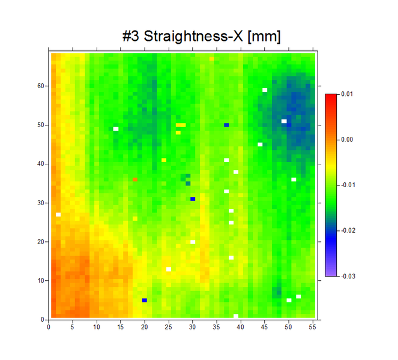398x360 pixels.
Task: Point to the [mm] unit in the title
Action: pos(264,37)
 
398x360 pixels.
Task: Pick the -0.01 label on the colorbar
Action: pos(348,185)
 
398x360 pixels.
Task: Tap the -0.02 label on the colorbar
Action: pos(348,230)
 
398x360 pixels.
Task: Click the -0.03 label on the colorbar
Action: pos(348,276)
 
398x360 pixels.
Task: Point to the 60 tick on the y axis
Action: pos(41,86)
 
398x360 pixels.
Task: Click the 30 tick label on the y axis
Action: pos(41,203)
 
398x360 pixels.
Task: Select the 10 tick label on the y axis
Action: pos(41,280)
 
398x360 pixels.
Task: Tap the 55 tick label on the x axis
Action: pos(312,327)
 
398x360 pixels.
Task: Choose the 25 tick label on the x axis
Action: pos(168,327)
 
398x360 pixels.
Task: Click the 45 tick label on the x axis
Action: pos(264,327)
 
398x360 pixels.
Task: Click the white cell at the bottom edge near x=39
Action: pos(236,316)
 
